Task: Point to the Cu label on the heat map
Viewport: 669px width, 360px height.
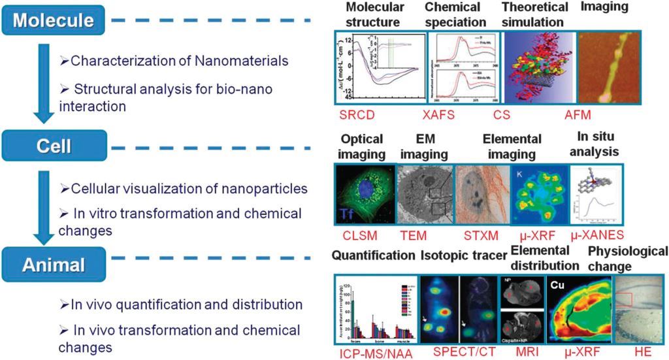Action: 557,285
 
